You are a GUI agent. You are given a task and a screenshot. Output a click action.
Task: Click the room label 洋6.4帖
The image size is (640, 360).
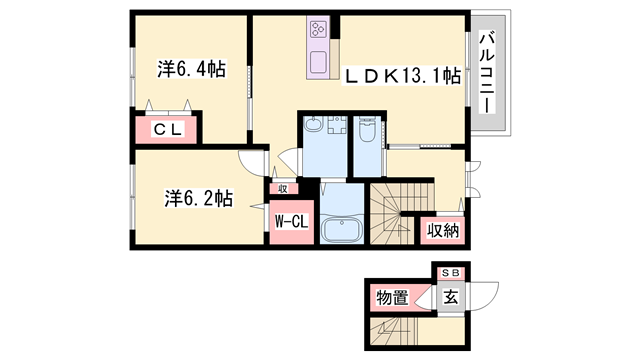click(x=190, y=70)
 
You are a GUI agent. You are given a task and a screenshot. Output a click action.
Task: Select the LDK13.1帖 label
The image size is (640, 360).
click(x=403, y=75)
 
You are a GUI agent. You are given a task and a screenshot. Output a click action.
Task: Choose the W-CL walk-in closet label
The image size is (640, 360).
click(x=289, y=220)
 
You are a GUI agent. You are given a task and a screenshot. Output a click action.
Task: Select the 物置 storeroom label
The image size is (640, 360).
click(x=391, y=296)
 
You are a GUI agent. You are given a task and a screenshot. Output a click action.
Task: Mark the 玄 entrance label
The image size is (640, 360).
click(x=451, y=296)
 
